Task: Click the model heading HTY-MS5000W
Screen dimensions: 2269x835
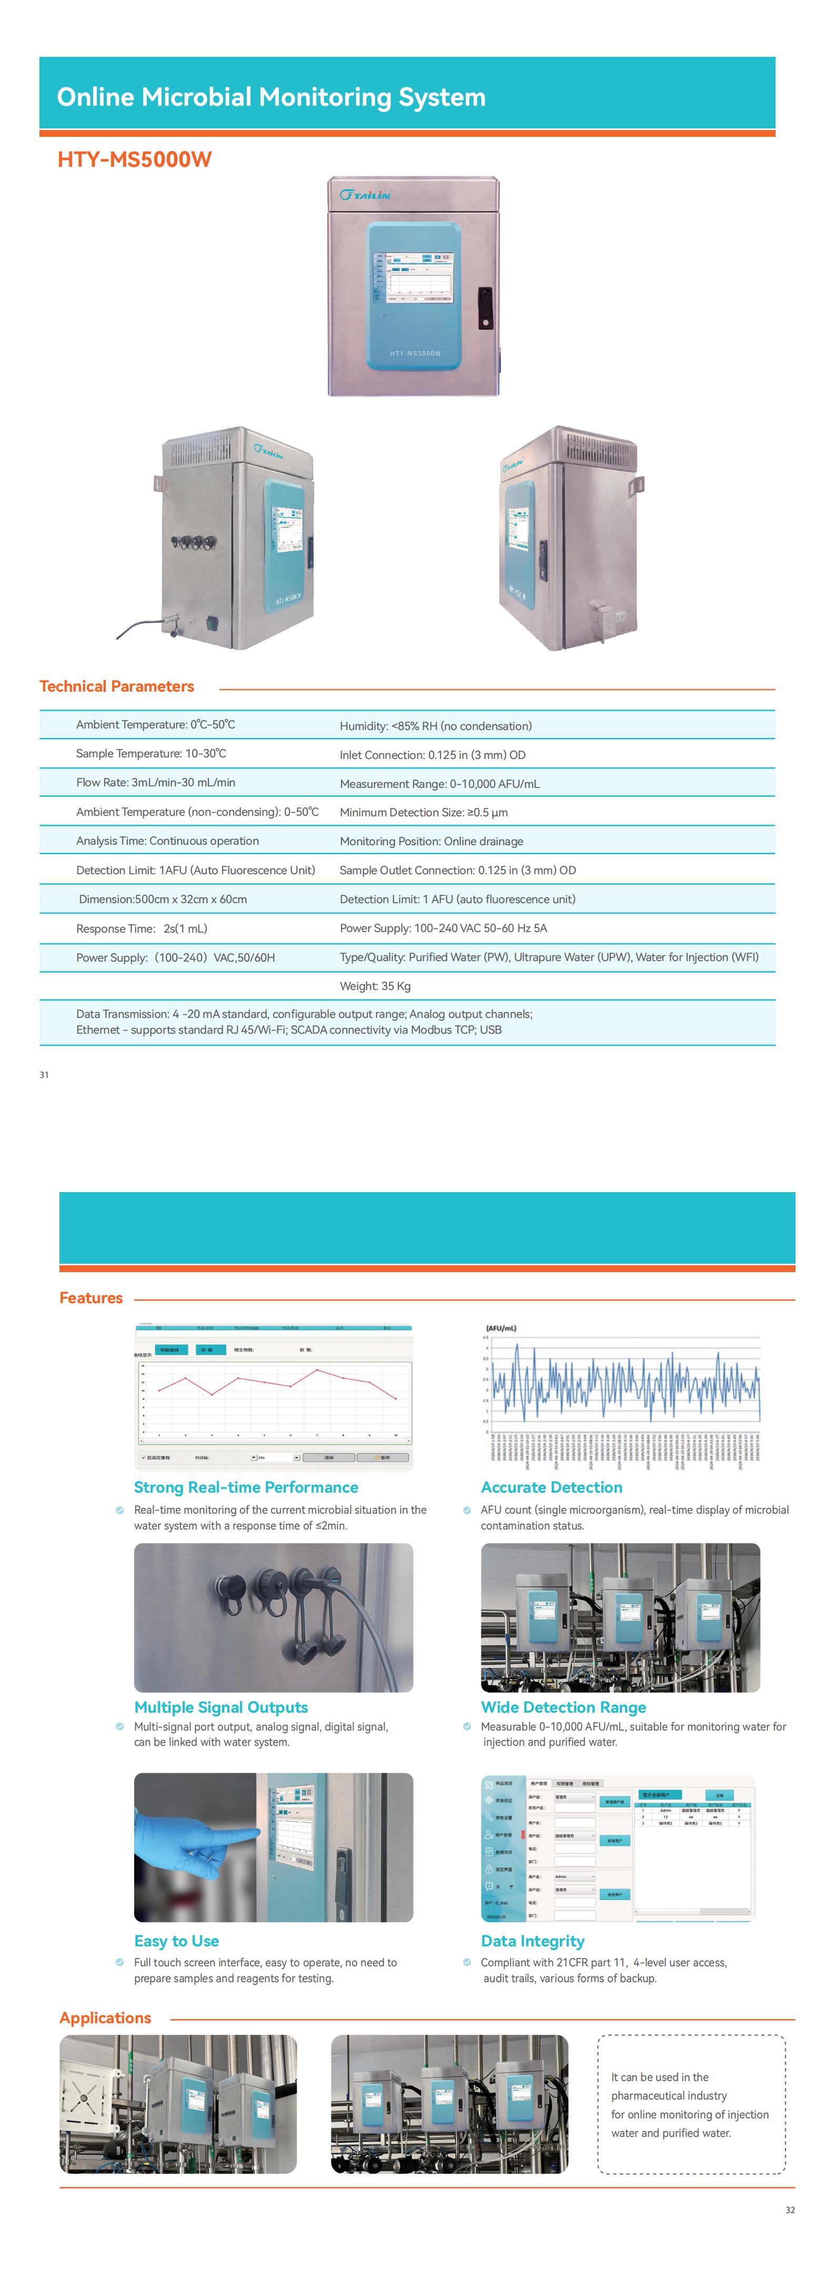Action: (134, 159)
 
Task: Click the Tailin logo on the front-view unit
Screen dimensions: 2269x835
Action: (365, 195)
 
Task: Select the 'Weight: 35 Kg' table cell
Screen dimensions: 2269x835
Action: (375, 986)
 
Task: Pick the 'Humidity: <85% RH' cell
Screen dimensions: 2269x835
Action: (435, 726)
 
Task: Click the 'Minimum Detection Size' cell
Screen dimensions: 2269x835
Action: (424, 812)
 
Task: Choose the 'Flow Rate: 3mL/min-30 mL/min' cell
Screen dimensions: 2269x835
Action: (155, 782)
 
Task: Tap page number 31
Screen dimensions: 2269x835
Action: (44, 1075)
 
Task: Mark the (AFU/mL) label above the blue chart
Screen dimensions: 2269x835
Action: (501, 1327)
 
